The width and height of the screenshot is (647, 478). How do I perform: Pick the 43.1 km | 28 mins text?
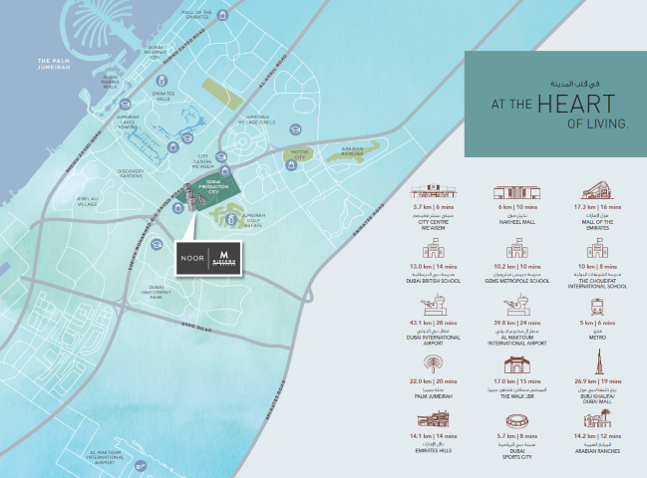tap(433, 324)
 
